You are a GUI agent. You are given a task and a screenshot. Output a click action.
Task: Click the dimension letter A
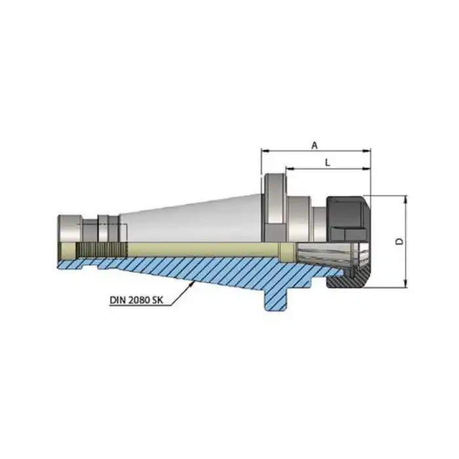(x=314, y=145)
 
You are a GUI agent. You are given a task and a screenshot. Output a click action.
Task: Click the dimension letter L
(x=327, y=163)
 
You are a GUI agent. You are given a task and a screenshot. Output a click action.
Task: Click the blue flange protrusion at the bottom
(x=275, y=298)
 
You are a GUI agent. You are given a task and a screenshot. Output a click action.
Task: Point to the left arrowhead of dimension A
(x=264, y=151)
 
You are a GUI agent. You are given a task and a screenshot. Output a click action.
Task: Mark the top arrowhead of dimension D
(x=407, y=198)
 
